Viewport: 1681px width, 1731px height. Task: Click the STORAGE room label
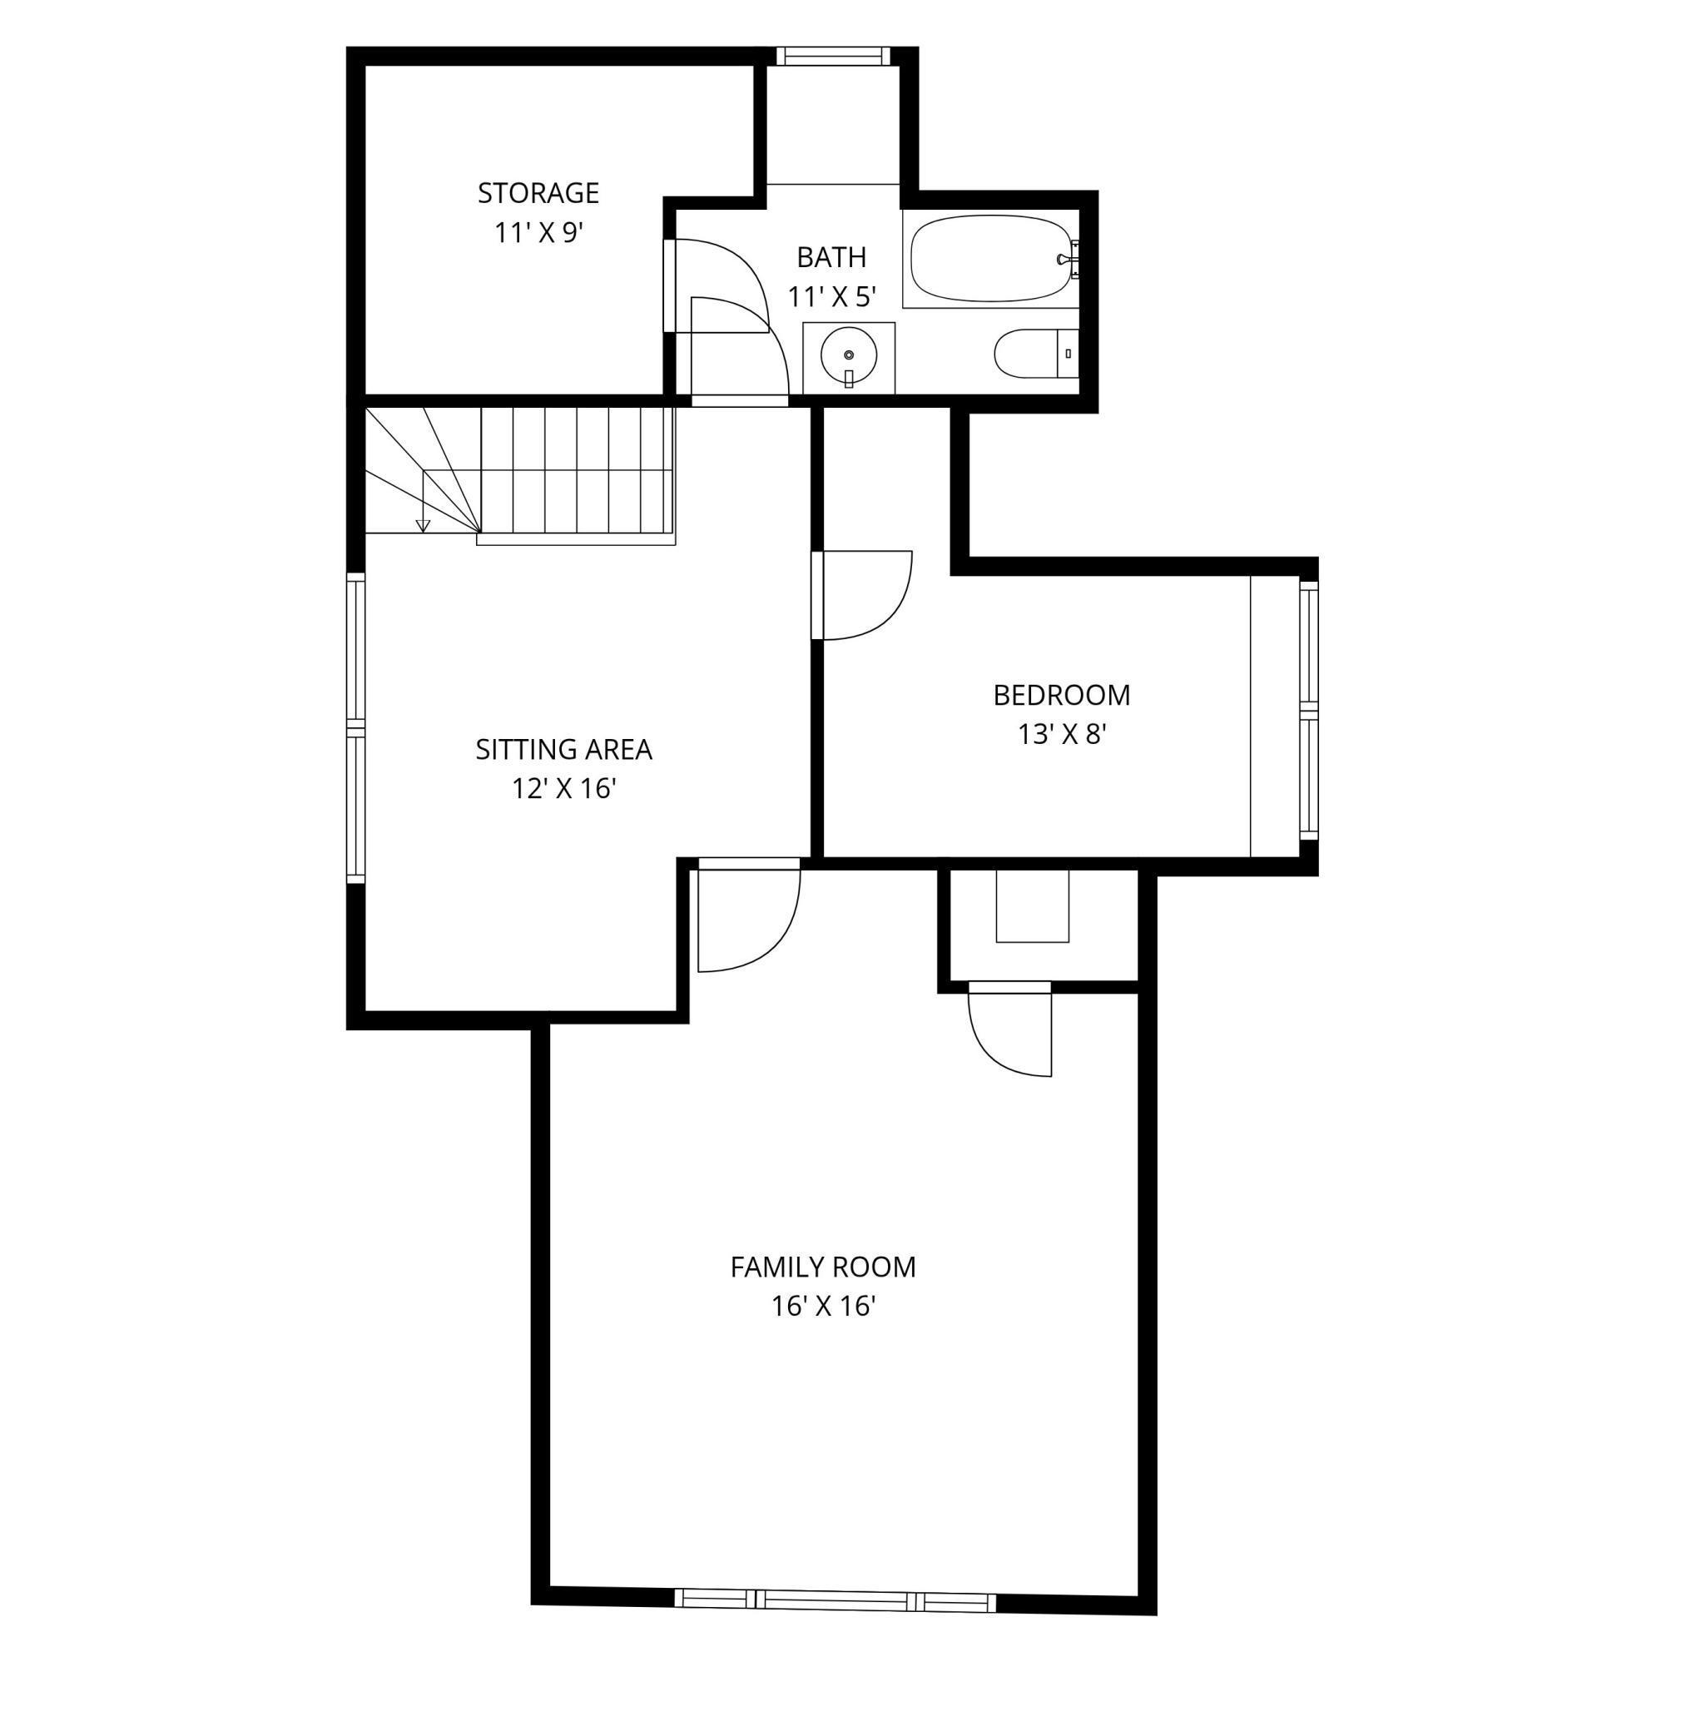pos(538,192)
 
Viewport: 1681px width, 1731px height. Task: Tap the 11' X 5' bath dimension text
pos(831,297)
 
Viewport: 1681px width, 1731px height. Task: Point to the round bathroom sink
pos(848,355)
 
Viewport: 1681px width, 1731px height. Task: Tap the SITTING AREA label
pos(563,750)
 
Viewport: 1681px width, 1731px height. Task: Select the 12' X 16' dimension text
pos(563,789)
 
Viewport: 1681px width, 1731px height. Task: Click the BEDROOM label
pos(1061,695)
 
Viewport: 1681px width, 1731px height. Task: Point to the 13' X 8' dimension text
pos(1062,734)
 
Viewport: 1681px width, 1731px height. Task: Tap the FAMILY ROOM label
pos(822,1267)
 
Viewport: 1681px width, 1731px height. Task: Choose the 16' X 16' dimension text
pos(822,1307)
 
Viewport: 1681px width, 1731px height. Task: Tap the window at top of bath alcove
pos(833,56)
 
